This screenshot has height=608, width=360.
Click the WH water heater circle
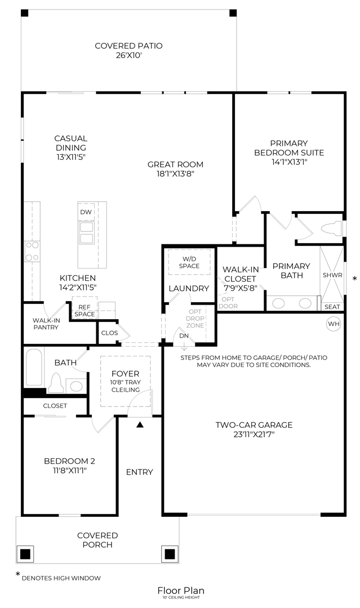tap(333, 324)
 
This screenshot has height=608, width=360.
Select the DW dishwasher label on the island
tap(86, 212)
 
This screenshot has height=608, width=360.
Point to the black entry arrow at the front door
tap(140, 424)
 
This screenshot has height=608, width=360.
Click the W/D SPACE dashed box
tap(189, 262)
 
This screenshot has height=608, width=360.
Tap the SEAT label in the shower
tap(332, 307)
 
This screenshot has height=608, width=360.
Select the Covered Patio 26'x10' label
tap(128, 51)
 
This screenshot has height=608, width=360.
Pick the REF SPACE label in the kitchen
tap(85, 310)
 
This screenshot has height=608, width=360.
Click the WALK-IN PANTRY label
tap(46, 324)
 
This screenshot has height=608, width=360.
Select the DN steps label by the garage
tap(184, 336)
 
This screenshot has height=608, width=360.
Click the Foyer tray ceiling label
tap(125, 382)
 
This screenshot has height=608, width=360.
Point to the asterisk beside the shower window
tap(354, 279)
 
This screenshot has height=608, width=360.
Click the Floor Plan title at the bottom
tap(180, 590)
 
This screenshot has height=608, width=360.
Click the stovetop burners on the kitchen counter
tap(32, 251)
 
